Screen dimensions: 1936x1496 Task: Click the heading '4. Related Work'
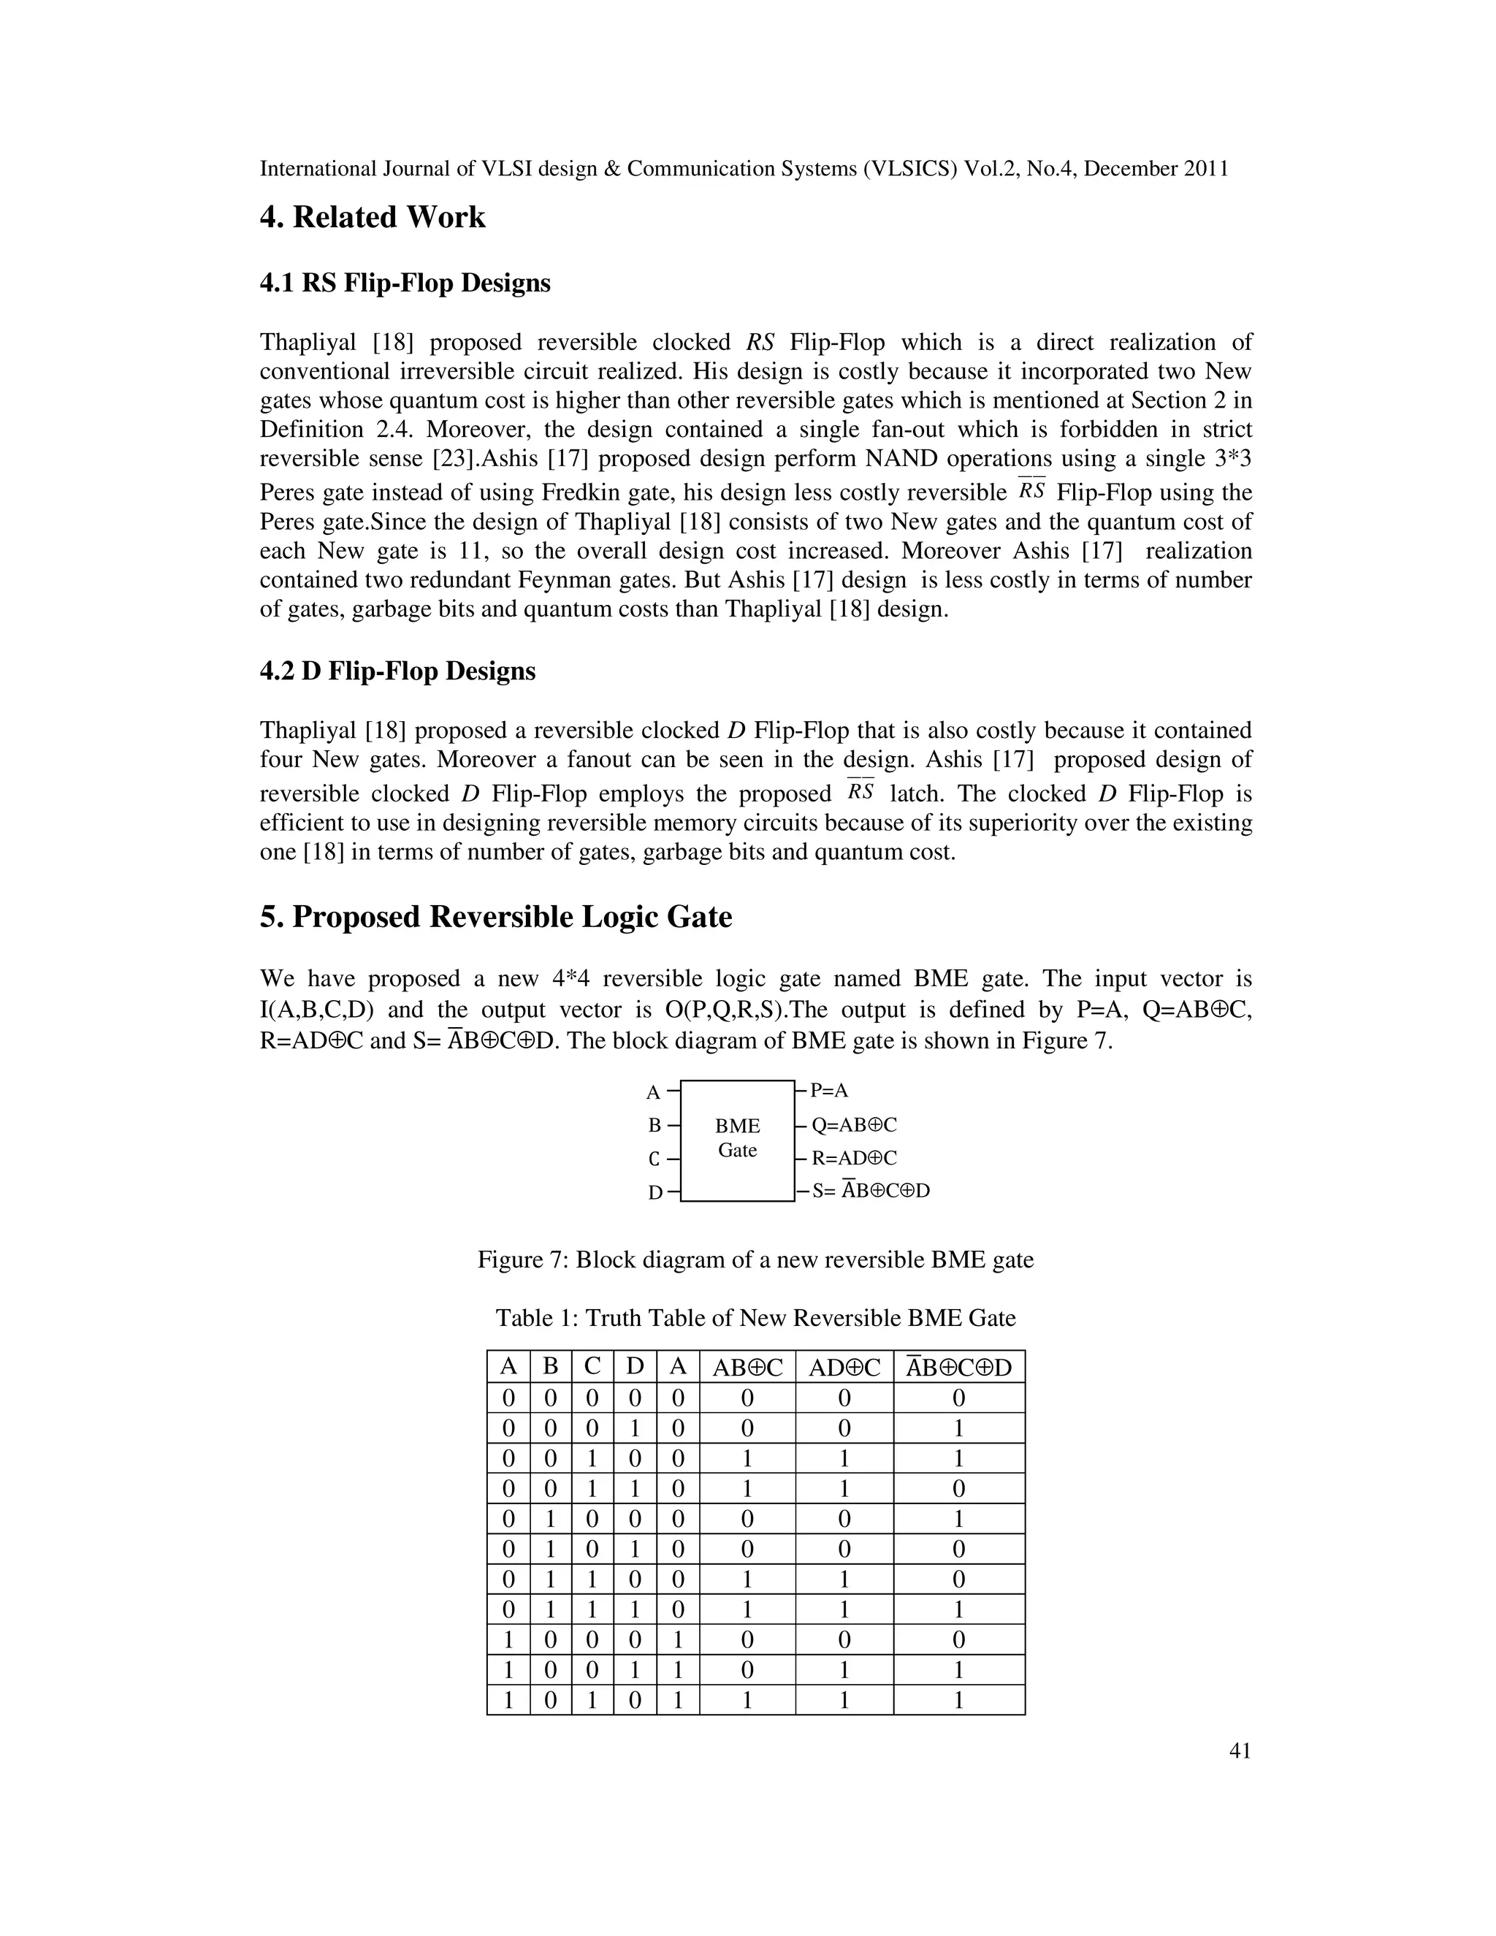pyautogui.click(x=373, y=217)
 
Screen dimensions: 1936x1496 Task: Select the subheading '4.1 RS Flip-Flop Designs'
pyautogui.click(x=405, y=283)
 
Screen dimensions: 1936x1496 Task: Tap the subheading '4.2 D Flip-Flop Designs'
pyautogui.click(x=397, y=671)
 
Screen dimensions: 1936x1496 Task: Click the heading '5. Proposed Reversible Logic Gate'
pyautogui.click(x=495, y=917)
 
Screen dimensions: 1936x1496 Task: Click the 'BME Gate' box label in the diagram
pyautogui.click(x=737, y=1138)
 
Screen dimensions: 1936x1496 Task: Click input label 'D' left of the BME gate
pyautogui.click(x=655, y=1193)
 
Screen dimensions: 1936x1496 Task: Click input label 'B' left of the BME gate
pyautogui.click(x=655, y=1126)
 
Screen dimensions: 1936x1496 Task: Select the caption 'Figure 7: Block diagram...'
pyautogui.click(x=755, y=1259)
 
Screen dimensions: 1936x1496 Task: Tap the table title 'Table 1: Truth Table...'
pyautogui.click(x=755, y=1318)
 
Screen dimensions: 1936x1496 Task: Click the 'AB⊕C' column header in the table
pyautogui.click(x=747, y=1368)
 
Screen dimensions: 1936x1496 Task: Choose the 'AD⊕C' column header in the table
pyautogui.click(x=844, y=1368)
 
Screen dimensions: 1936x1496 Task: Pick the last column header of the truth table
pyautogui.click(x=958, y=1367)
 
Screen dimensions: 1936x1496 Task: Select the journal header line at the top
pyautogui.click(x=744, y=169)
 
